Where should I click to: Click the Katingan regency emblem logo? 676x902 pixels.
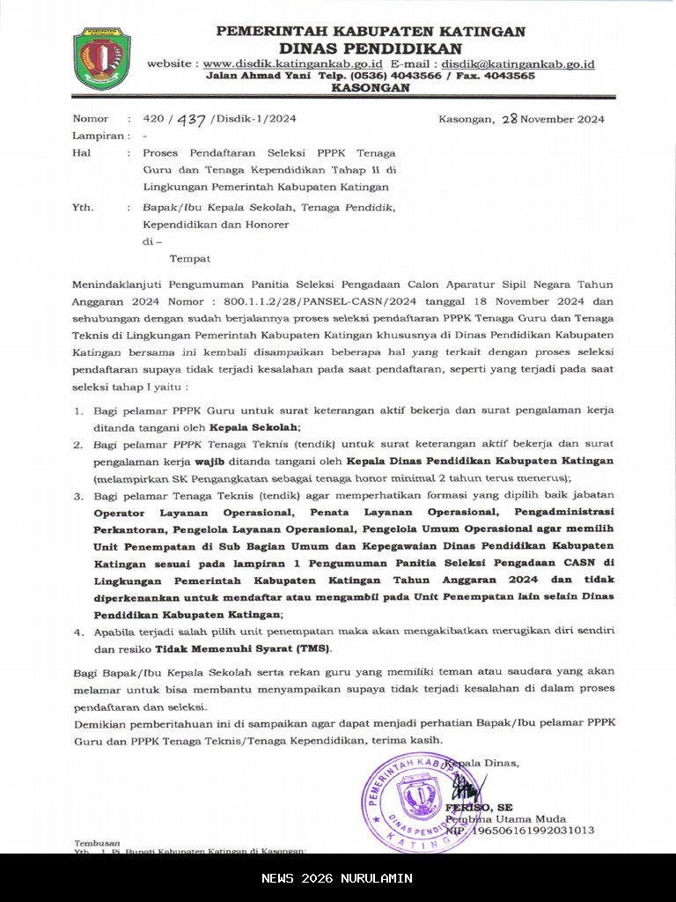coord(102,59)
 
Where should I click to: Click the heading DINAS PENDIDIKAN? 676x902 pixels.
coord(371,48)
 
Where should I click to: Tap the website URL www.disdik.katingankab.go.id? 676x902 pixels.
coord(292,64)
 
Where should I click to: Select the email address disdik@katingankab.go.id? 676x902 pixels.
coord(518,64)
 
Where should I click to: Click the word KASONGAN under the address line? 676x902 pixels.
coord(371,88)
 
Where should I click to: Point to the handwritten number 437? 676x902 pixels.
coord(191,120)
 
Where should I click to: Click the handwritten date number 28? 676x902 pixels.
coord(508,119)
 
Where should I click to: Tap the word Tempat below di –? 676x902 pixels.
coord(189,258)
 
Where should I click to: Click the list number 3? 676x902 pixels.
coord(77,495)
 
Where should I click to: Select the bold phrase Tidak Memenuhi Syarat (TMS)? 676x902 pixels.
coord(243,648)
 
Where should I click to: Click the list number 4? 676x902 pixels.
coord(77,632)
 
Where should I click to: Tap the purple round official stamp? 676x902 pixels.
coord(418,801)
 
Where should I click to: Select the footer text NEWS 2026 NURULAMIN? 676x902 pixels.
coord(337,878)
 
